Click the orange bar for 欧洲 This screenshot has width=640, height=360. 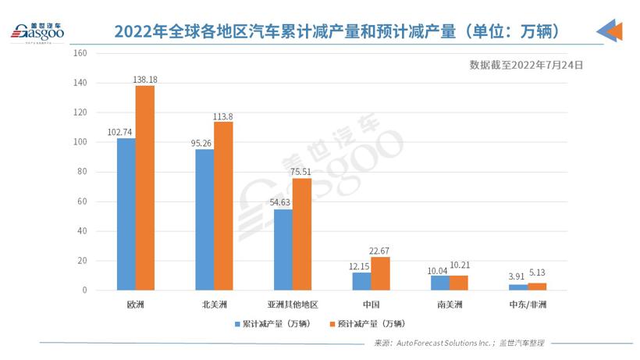tap(145, 187)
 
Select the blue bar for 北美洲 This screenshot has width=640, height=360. tap(204, 219)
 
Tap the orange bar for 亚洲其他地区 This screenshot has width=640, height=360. tap(302, 234)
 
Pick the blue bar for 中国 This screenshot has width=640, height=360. tap(361, 281)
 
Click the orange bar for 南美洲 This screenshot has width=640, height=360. tap(459, 283)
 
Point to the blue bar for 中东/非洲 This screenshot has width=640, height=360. tap(518, 287)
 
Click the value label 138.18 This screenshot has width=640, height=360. tap(151, 79)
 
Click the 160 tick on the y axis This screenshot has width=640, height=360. tap(80, 53)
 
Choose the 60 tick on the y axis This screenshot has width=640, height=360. tap(82, 201)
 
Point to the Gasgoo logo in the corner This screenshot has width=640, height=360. tap(37, 31)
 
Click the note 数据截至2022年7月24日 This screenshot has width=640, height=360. tap(526, 65)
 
